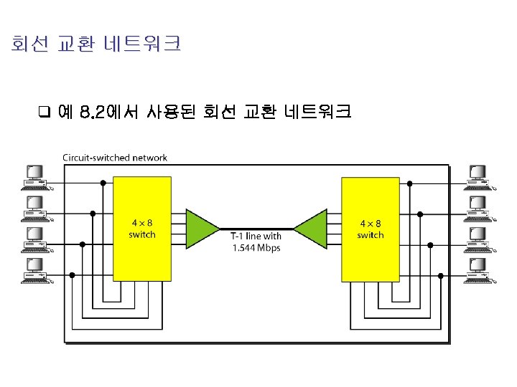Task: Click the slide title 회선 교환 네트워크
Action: click(96, 45)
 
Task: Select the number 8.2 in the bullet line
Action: click(92, 112)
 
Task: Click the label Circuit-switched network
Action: click(115, 158)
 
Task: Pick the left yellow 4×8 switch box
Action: click(142, 229)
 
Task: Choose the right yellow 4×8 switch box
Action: click(370, 229)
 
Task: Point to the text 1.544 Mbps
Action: click(256, 248)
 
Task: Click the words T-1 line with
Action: click(256, 236)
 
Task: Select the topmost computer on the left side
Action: click(35, 176)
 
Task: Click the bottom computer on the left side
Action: click(35, 271)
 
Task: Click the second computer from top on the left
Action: click(35, 208)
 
